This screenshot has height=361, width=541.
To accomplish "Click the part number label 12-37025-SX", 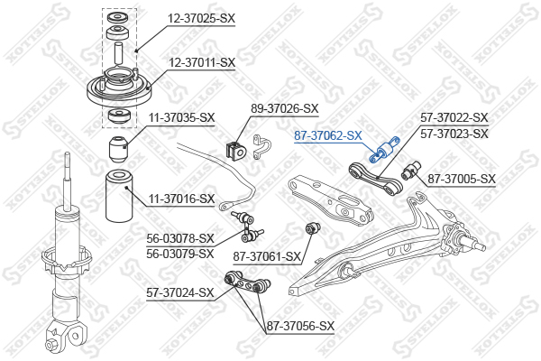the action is [x=201, y=18].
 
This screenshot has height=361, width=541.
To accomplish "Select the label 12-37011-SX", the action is [x=202, y=63].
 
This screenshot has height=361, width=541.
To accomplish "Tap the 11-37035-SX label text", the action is [x=181, y=118].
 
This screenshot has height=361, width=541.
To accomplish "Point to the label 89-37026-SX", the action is [x=284, y=109].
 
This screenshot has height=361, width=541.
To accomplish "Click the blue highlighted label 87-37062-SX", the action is [x=328, y=135].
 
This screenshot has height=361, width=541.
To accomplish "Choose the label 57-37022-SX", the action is [x=454, y=118].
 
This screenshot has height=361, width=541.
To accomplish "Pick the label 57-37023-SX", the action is [x=454, y=134].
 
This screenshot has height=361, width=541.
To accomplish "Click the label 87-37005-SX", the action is [x=462, y=180].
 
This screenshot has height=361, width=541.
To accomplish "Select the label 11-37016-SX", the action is [x=181, y=199].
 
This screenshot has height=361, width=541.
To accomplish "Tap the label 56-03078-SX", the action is [x=180, y=238].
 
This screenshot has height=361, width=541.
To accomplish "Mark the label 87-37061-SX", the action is [x=267, y=256].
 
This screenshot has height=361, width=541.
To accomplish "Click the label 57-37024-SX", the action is [x=180, y=293].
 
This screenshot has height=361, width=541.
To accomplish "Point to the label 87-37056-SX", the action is [x=300, y=326].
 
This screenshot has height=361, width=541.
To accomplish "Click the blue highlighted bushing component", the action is [x=384, y=150].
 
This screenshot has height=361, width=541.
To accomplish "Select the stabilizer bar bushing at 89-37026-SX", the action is [x=236, y=149].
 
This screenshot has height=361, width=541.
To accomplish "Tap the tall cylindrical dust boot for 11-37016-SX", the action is [x=119, y=196].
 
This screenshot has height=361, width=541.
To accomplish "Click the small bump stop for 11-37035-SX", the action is [x=118, y=150].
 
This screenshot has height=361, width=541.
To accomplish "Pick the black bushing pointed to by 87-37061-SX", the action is [x=313, y=228].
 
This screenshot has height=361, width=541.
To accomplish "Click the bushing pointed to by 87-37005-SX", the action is [x=412, y=170].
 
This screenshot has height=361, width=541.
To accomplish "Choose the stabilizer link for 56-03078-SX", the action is [x=247, y=227].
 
